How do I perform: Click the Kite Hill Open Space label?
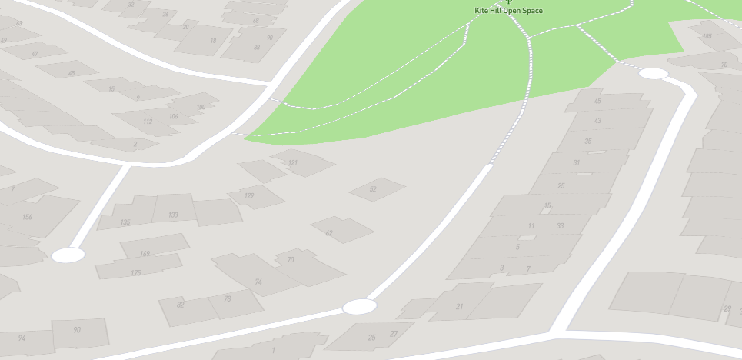pos(508,11)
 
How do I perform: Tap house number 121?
pos(292,163)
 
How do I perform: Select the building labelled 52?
pos(373,189)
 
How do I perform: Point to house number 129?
pos(249,196)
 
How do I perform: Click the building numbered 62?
pos(329,232)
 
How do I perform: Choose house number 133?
pos(172,215)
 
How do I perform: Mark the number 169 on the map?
pos(145,254)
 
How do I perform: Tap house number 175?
pos(136,273)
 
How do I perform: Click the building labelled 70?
pos(291,260)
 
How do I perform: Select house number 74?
pos(258,282)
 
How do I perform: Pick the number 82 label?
pos(181,305)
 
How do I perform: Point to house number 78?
pos(227,299)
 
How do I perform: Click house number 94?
pos(22,338)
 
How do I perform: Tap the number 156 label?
pos(27,217)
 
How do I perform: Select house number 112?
pos(148,122)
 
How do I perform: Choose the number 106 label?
pos(173,117)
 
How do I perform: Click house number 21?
pos(460,307)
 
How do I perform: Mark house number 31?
pos(577,162)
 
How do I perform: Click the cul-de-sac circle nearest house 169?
pos(68,255)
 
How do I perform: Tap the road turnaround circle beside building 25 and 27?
pos(359,307)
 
